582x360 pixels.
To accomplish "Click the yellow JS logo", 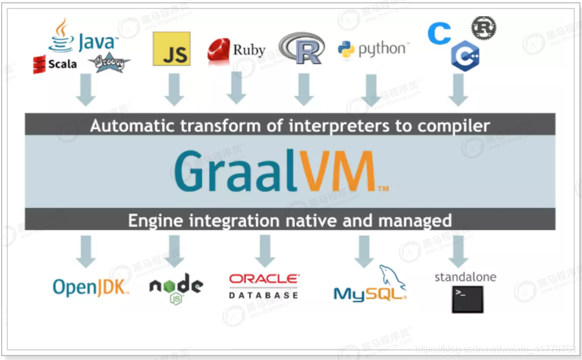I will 171,49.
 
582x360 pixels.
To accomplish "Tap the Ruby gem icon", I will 218,51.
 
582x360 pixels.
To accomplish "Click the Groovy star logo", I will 109,62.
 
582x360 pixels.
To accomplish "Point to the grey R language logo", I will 301,48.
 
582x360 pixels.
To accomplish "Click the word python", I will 383,49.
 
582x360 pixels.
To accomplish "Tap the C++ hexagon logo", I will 465,56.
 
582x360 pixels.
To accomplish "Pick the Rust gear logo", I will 483,27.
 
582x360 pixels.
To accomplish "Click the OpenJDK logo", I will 90,288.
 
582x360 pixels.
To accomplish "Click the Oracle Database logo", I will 264,285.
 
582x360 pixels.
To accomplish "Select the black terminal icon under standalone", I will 467,299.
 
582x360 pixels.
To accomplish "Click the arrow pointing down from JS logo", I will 174,89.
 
